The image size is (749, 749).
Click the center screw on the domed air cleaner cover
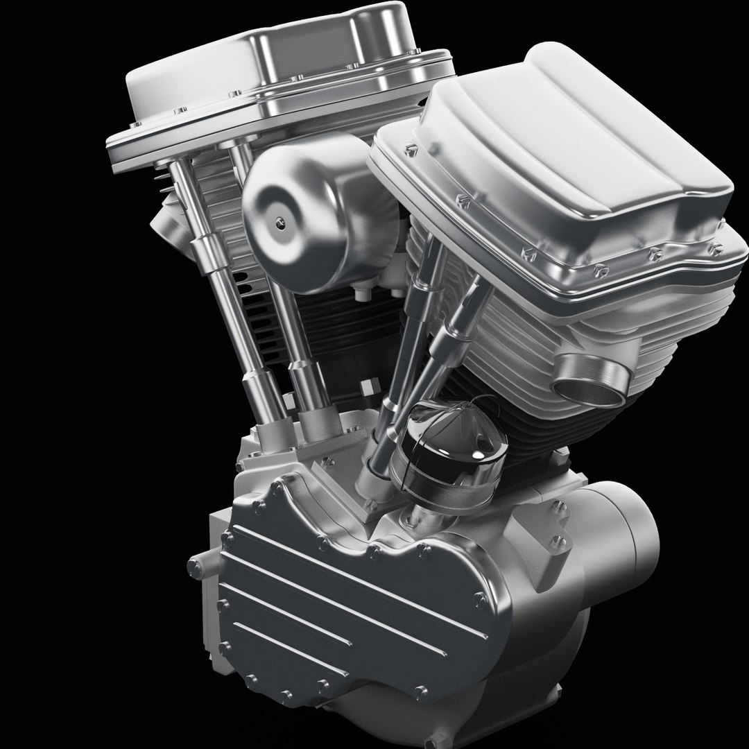(x=279, y=222)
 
